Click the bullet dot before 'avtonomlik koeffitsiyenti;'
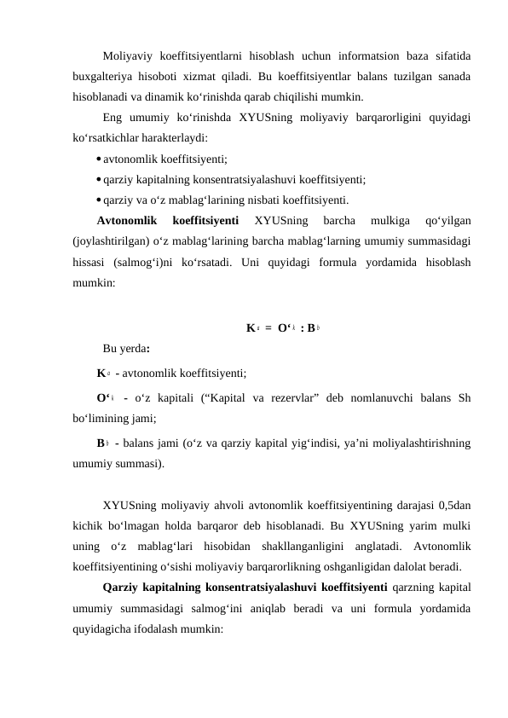tap(99, 158)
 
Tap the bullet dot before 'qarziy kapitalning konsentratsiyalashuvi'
tap(99, 180)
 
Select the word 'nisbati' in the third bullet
tap(248, 201)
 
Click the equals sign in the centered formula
tap(268, 327)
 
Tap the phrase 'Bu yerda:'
tap(125, 349)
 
